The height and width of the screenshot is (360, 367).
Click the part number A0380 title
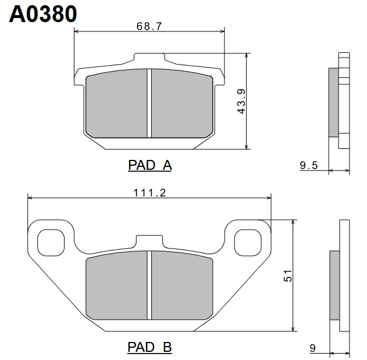pyautogui.click(x=43, y=14)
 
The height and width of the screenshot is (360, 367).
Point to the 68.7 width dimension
pyautogui.click(x=149, y=26)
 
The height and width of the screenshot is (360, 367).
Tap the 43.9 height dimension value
pyautogui.click(x=241, y=101)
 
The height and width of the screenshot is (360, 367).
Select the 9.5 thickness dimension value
pyautogui.click(x=309, y=165)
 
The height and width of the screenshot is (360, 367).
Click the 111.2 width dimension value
pyautogui.click(x=149, y=193)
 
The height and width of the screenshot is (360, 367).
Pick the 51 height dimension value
pyautogui.click(x=288, y=276)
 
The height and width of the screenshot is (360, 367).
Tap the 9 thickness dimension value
pyautogui.click(x=313, y=348)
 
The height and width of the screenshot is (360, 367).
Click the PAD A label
pyautogui.click(x=150, y=165)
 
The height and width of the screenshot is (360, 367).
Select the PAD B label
pyautogui.click(x=150, y=347)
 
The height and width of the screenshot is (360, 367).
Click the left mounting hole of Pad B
pyautogui.click(x=51, y=243)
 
